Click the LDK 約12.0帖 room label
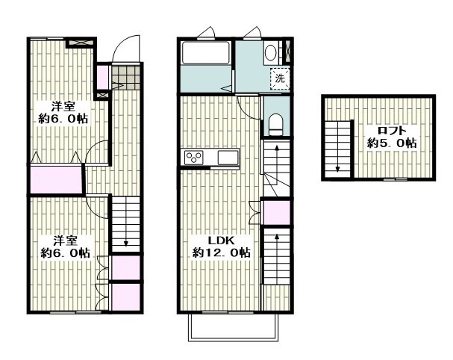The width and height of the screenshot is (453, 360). (x=222, y=246)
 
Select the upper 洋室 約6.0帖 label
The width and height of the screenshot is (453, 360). (x=63, y=113)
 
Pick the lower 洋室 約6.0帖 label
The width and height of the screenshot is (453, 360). (x=65, y=246)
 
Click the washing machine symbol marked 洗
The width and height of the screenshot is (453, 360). (x=279, y=78)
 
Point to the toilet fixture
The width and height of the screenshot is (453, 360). (x=275, y=125)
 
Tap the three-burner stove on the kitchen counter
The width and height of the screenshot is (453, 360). (x=193, y=158)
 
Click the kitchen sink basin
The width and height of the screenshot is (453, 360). (x=228, y=158)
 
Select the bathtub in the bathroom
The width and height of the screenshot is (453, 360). (x=205, y=52)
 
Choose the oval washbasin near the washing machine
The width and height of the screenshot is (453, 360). (x=271, y=52)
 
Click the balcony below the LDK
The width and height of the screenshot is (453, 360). (x=234, y=327)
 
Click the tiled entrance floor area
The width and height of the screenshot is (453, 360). (x=125, y=78)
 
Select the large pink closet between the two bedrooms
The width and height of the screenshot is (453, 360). (x=56, y=180)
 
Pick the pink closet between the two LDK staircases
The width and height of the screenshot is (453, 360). (x=276, y=213)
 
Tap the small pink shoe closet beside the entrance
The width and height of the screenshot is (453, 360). (x=102, y=78)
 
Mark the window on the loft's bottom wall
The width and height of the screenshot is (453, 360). (x=396, y=179)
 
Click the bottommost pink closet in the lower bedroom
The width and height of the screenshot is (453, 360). (x=125, y=297)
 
